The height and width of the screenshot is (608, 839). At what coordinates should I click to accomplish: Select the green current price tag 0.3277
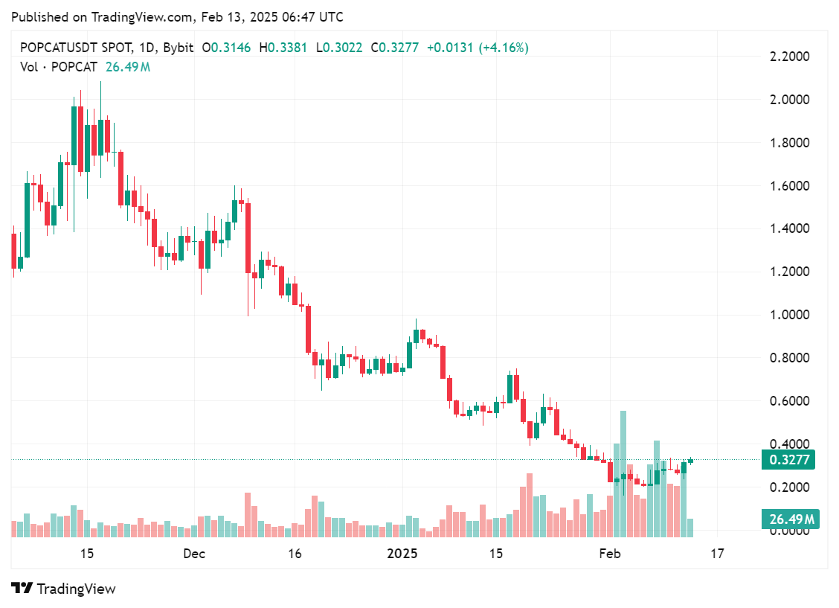(x=788, y=460)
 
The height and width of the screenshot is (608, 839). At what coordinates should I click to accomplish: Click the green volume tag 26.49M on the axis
(x=789, y=519)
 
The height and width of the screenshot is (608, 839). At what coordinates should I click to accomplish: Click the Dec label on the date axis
(x=194, y=554)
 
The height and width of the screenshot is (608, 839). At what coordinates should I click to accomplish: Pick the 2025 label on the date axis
(x=402, y=554)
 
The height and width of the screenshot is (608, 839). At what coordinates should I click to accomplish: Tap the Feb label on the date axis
(x=610, y=554)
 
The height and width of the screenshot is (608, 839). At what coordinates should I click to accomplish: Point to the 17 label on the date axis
(x=717, y=554)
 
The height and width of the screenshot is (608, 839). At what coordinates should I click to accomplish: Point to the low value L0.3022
(x=339, y=48)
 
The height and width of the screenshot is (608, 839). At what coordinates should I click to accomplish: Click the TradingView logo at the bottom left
(x=64, y=589)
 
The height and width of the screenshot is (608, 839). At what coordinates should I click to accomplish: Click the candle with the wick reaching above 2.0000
(x=100, y=127)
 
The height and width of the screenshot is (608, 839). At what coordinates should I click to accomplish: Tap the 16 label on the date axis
(x=295, y=554)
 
